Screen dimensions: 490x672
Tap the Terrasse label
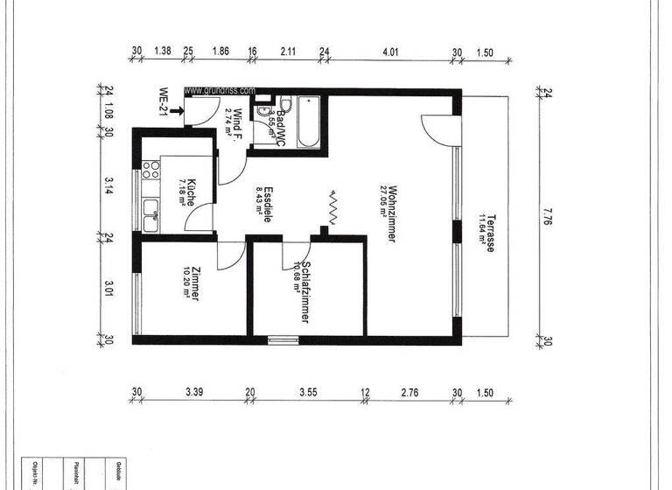click(x=493, y=233)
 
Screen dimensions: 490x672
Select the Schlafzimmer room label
click(x=306, y=294)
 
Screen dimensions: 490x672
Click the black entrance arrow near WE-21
click(x=178, y=110)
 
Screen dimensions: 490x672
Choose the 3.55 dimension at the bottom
click(x=307, y=392)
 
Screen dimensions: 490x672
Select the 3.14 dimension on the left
click(x=108, y=185)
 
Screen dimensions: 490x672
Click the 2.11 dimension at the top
click(x=289, y=52)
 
